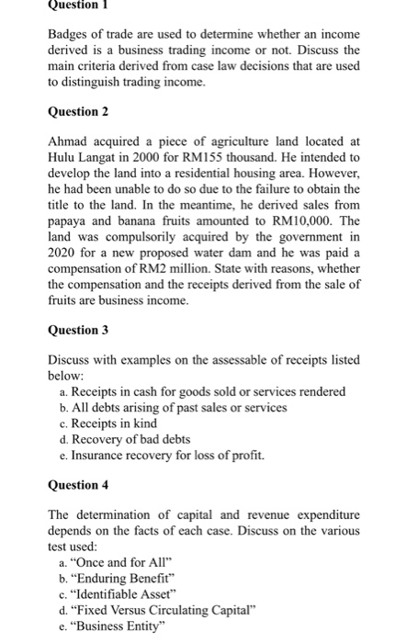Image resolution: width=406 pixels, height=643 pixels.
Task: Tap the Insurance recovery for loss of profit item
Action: pos(166,454)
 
